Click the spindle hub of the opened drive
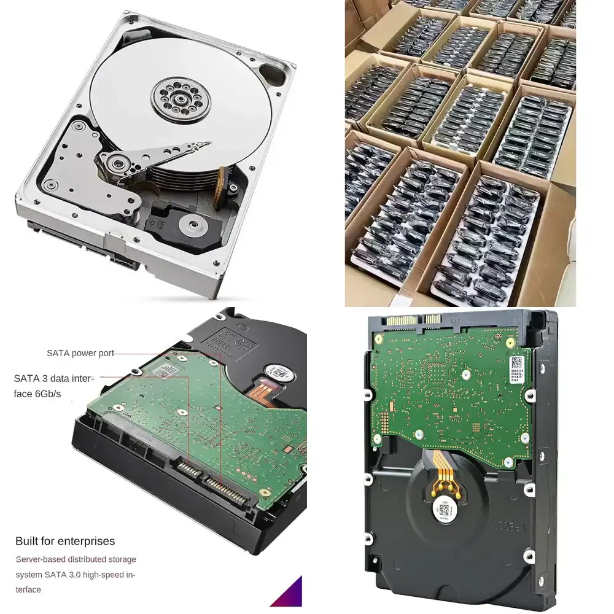181,95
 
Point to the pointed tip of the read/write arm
206,145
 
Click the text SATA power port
80,353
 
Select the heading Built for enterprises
65,541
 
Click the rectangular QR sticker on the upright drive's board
516,362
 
